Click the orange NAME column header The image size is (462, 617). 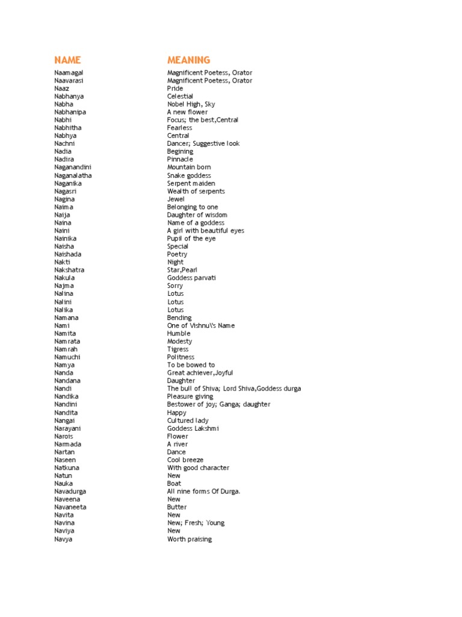tap(67, 60)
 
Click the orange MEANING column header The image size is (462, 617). tap(189, 60)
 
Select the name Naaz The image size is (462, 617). tap(61, 89)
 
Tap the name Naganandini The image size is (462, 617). tap(73, 168)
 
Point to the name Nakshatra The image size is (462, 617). tap(69, 270)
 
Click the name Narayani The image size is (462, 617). tap(67, 428)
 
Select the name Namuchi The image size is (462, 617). tap(67, 357)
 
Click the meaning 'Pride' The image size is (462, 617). tap(175, 89)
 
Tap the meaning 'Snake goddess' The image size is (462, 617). tap(189, 175)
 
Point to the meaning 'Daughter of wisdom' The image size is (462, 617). tap(197, 215)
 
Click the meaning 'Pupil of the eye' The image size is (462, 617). tap(191, 239)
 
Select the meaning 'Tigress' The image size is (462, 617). tap(178, 349)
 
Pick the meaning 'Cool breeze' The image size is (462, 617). tap(185, 460)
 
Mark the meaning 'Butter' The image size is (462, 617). tap(177, 507)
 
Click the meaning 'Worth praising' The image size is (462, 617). tap(189, 539)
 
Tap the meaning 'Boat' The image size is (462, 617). tap(174, 484)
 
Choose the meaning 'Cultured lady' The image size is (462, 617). tap(188, 421)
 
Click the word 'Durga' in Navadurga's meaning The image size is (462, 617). tap(229, 492)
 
